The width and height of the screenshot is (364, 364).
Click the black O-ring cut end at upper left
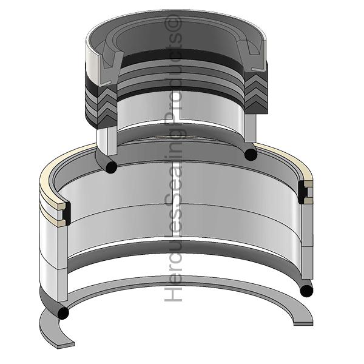click(111, 166)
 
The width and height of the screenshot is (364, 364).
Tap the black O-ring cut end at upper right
click(251, 154)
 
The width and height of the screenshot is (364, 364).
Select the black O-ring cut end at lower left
click(63, 312)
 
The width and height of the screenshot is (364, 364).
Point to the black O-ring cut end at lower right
click(306, 291)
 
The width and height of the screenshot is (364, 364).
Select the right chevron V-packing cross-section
click(256, 92)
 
